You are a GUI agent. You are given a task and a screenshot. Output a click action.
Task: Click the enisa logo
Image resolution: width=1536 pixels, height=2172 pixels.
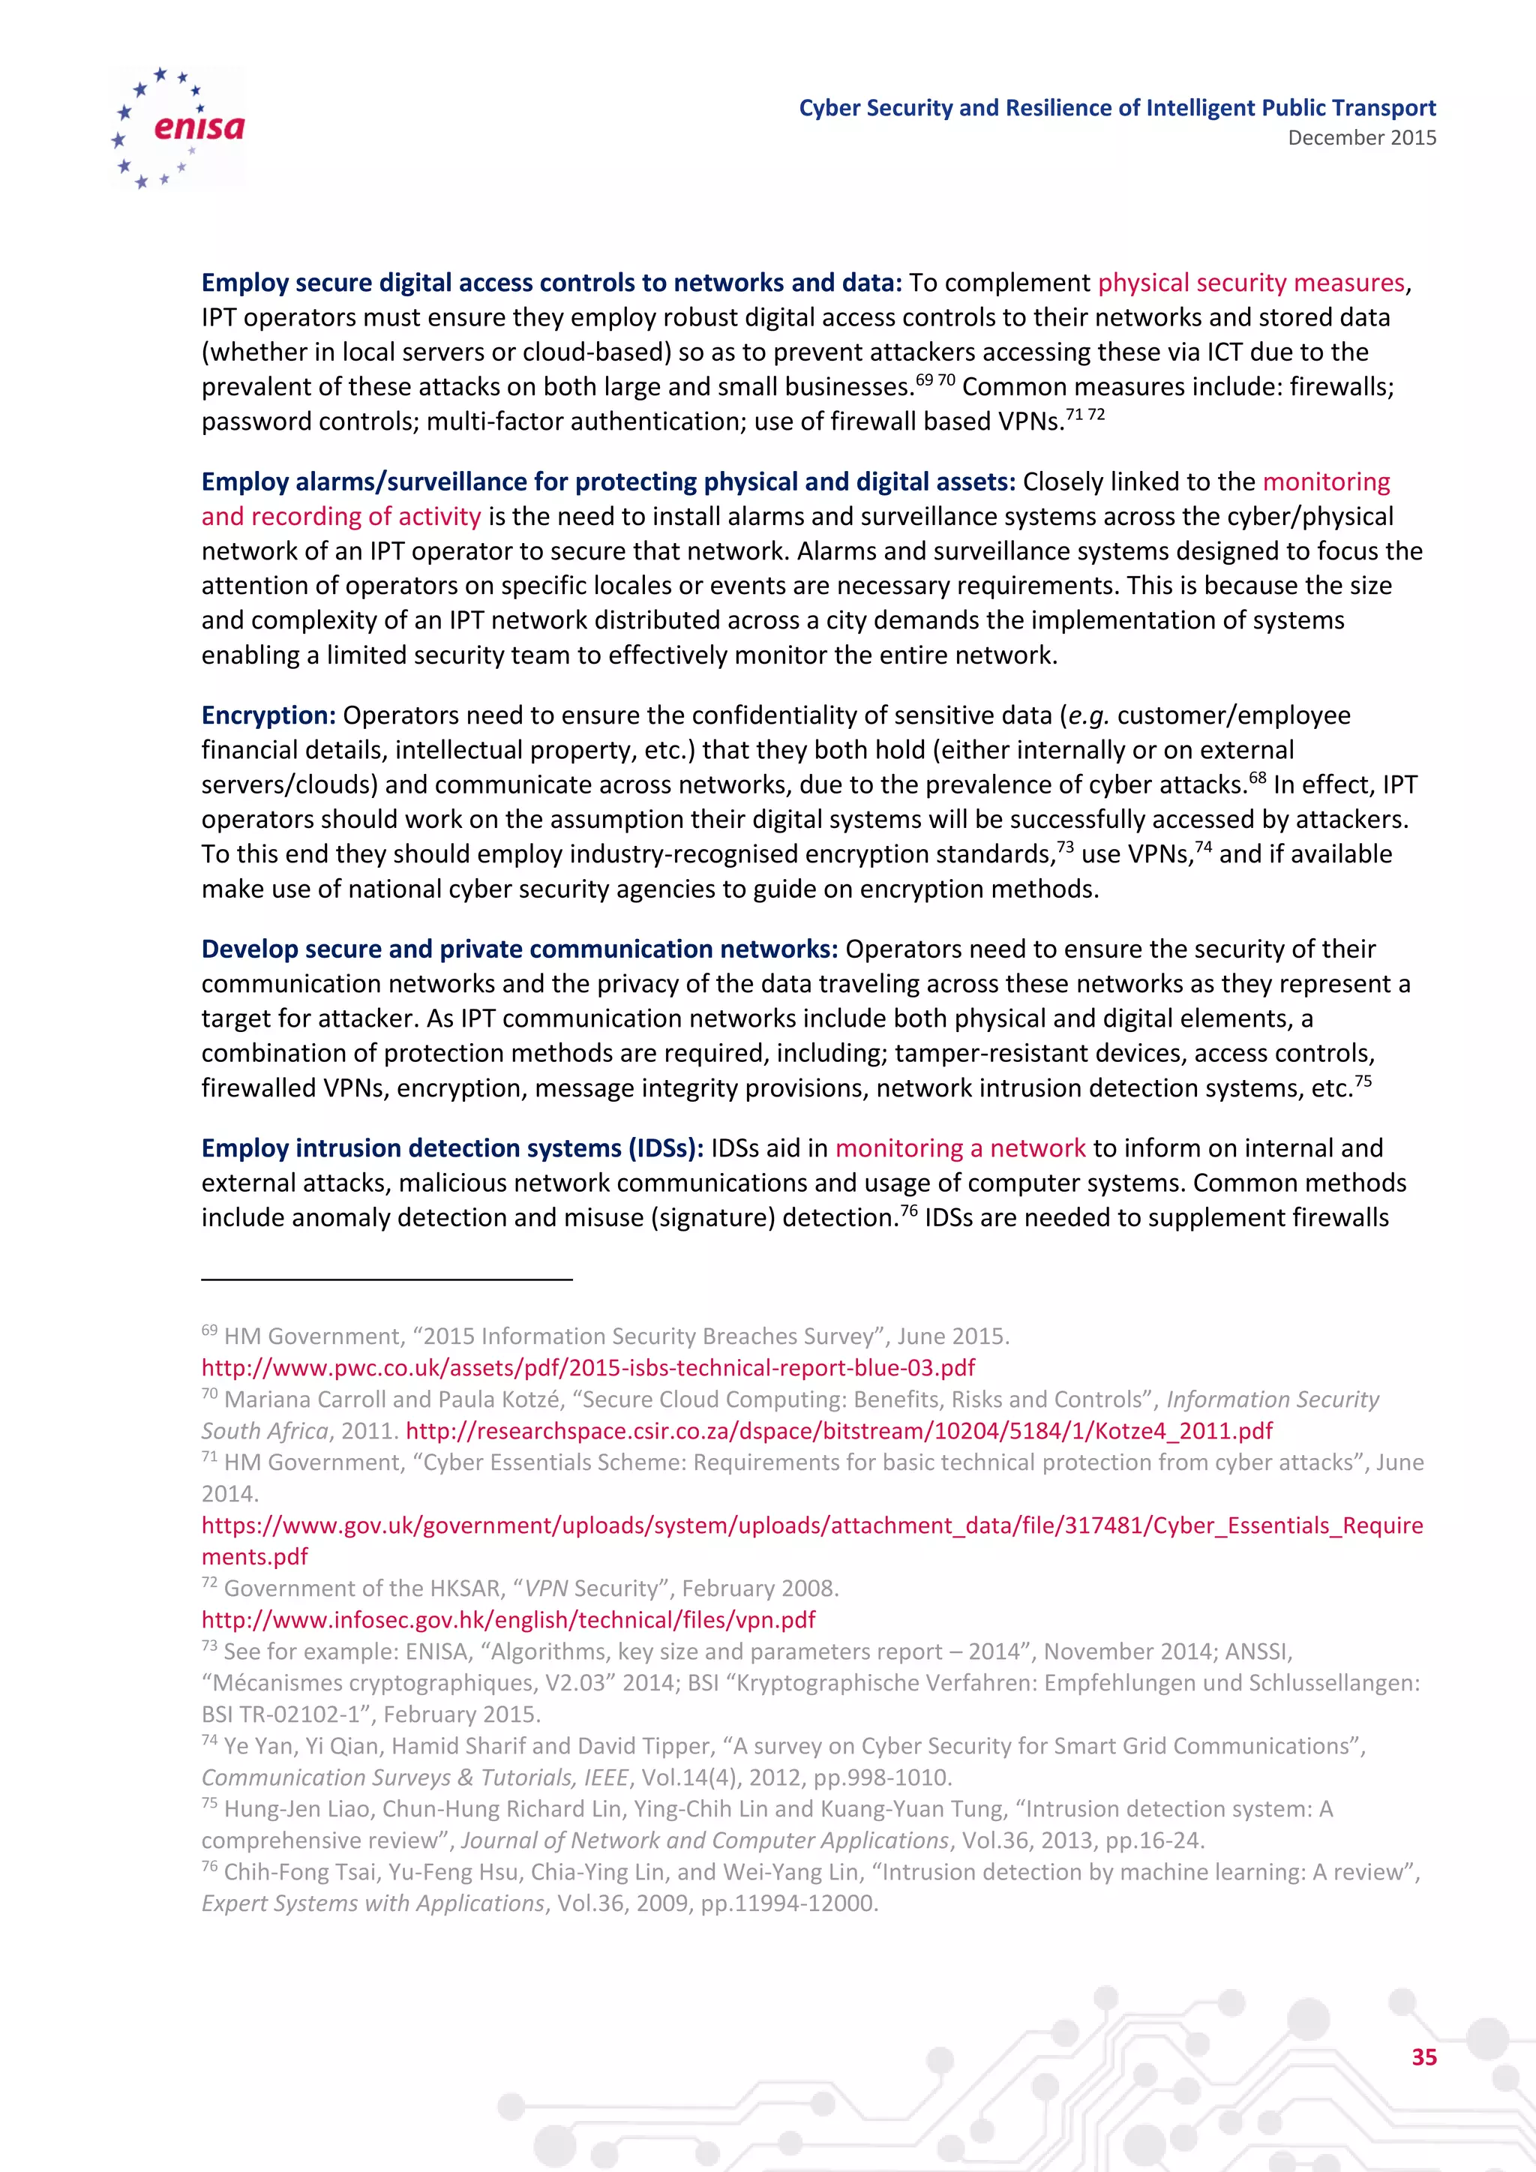coord(178,127)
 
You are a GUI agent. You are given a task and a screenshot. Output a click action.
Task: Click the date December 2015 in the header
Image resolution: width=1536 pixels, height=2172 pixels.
coord(1361,138)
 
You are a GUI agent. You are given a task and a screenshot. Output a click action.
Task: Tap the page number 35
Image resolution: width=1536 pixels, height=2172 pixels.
coord(1423,2056)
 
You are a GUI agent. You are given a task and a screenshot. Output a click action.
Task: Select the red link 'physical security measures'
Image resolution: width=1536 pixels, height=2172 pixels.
coord(1250,283)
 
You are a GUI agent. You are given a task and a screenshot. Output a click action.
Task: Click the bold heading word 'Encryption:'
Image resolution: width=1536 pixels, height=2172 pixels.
coord(268,715)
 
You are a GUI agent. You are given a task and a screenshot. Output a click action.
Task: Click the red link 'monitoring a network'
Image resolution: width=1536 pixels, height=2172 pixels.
coord(959,1148)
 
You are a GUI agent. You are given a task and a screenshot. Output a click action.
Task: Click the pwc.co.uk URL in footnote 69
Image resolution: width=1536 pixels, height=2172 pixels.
coord(587,1368)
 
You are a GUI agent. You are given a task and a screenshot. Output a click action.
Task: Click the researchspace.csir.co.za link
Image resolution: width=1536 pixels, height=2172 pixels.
coord(839,1430)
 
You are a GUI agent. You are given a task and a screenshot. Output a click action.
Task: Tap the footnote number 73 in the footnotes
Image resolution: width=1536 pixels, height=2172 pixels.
coord(209,1646)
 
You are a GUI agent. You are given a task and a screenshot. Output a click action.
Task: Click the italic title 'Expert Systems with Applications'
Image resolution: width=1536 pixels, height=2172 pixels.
coord(373,1903)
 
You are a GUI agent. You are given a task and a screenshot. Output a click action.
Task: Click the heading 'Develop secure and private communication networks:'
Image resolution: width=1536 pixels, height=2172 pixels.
coord(519,949)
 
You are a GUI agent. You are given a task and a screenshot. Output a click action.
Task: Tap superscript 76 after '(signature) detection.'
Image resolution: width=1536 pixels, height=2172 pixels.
coord(909,1210)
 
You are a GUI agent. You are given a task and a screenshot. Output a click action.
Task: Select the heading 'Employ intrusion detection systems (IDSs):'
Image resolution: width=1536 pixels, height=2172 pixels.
coord(452,1148)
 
